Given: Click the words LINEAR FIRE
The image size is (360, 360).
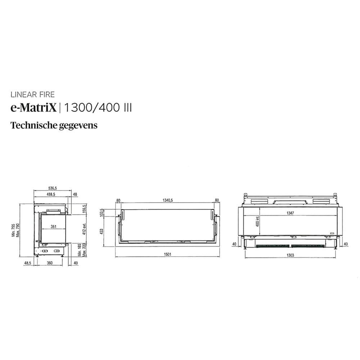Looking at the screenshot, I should point(33,95).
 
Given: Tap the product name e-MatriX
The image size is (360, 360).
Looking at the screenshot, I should point(33,108).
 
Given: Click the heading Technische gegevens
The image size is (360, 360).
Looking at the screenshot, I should point(54,126).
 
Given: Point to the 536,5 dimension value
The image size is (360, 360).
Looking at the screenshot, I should point(53,188).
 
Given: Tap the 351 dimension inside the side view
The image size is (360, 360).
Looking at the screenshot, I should point(53,227).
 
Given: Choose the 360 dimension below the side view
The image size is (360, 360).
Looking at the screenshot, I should point(50,263).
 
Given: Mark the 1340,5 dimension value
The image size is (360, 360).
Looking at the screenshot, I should point(167,200).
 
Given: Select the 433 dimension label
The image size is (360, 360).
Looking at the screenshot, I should point(102,231).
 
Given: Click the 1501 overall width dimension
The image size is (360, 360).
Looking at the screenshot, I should point(167,255).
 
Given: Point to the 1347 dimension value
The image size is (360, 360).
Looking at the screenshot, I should point(290,213).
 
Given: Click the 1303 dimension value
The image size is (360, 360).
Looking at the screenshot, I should point(291,255).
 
